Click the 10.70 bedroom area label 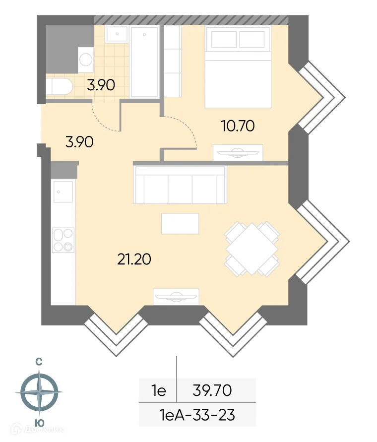point(238,126)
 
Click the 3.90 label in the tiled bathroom point(101,85)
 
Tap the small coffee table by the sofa point(180,224)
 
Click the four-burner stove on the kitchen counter point(63,240)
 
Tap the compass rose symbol point(38,392)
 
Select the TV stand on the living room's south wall point(176,296)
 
